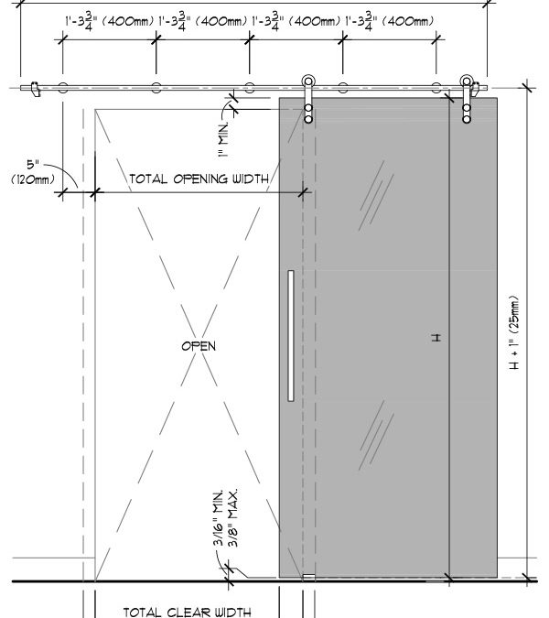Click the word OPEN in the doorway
[x=199, y=346]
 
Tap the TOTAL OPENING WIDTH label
[x=199, y=179]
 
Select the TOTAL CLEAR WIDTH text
[x=187, y=613]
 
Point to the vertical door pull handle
[x=291, y=336]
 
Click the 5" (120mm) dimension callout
[x=33, y=172]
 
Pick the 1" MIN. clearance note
[x=223, y=140]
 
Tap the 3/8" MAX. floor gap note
[x=233, y=518]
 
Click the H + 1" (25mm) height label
[x=515, y=332]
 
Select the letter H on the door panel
[x=436, y=338]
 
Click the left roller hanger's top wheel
[x=308, y=81]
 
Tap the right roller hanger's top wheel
[x=467, y=81]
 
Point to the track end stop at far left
[x=36, y=89]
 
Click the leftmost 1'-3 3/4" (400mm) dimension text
[x=110, y=21]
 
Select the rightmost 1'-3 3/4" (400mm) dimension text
[x=389, y=21]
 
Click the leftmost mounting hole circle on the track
[x=62, y=88]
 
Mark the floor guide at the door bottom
[x=308, y=578]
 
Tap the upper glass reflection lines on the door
[x=376, y=196]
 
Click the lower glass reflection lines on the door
[x=376, y=435]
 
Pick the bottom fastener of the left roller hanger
[x=308, y=119]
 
